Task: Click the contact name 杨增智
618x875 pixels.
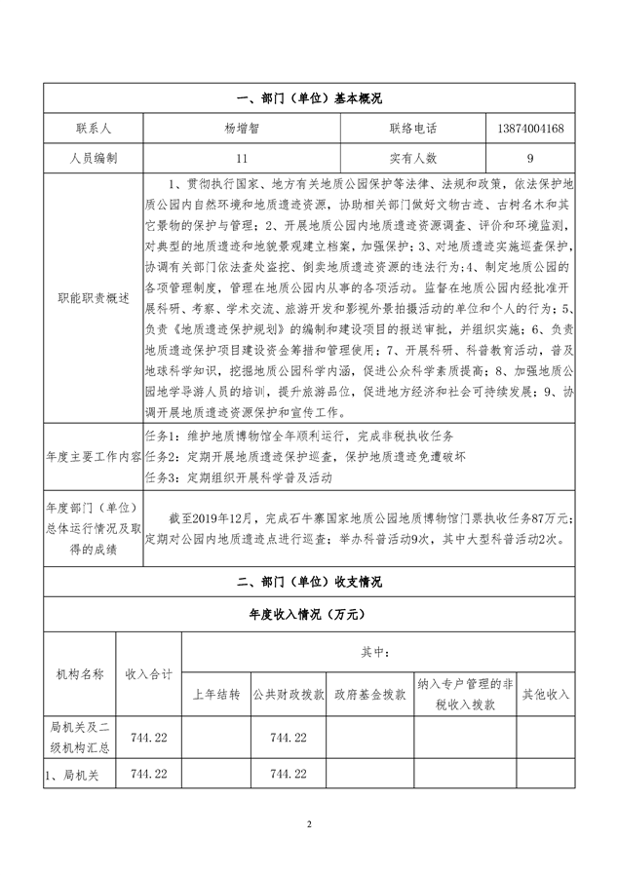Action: pos(242,128)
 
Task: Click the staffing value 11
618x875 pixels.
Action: pos(242,157)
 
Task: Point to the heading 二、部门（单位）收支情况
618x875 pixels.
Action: pos(309,582)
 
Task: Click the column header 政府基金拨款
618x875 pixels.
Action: pos(369,694)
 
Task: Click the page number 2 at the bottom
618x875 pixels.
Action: pos(309,824)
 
